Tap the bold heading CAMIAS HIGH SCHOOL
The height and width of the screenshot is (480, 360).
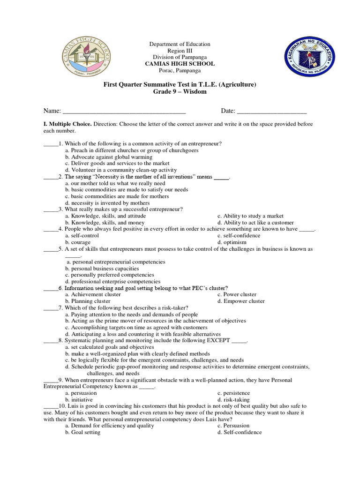[x=180, y=64]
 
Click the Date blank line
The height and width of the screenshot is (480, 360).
[x=272, y=112]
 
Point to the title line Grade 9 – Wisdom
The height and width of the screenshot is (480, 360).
[x=180, y=91]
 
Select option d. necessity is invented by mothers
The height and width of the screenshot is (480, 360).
[x=107, y=203]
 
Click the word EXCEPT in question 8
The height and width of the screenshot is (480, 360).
[x=218, y=341]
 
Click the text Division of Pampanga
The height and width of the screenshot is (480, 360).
[x=180, y=57]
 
